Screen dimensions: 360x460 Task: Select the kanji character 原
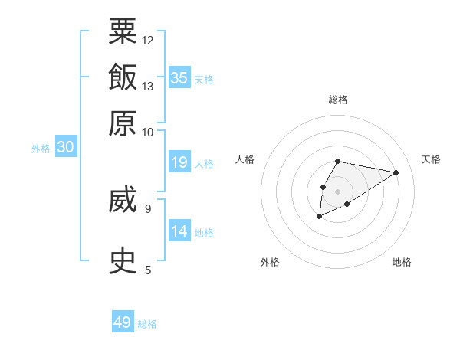(x=123, y=123)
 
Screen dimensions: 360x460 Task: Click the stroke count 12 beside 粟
(x=148, y=40)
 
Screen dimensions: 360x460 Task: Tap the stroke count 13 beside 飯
(x=148, y=86)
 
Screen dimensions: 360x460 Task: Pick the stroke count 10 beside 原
(x=148, y=132)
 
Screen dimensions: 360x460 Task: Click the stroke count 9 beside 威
(x=148, y=208)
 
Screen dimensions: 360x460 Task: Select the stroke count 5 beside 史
(x=148, y=270)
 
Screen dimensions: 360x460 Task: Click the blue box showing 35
(x=179, y=77)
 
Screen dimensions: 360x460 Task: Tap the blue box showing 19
(x=179, y=162)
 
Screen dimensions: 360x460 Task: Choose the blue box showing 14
(x=179, y=231)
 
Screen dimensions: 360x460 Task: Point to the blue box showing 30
(x=65, y=147)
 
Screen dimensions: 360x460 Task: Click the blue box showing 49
(x=123, y=322)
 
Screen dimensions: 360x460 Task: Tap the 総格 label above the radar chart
(x=337, y=100)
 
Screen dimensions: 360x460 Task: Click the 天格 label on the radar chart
(x=431, y=159)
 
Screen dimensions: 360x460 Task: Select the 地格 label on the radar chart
(x=402, y=263)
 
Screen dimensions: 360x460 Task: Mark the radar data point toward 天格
(x=396, y=172)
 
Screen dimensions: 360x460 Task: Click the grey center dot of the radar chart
(x=337, y=190)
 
